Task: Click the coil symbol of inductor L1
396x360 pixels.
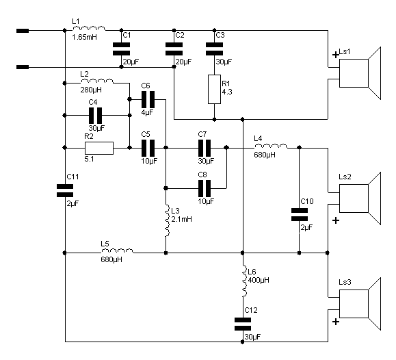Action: point(89,28)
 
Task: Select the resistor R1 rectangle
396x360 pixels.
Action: point(214,89)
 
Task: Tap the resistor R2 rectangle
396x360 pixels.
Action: point(99,148)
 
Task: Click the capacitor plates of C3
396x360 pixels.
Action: point(215,49)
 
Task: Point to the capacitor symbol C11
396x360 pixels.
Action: point(65,191)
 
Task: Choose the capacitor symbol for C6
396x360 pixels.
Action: point(148,100)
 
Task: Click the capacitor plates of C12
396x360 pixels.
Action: point(243,324)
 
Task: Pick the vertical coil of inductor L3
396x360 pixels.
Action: point(167,220)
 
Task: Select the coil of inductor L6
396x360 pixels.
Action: point(244,281)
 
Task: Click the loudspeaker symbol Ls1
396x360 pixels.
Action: point(360,73)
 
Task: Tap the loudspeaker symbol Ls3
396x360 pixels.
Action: point(360,304)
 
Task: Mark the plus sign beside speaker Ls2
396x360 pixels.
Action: point(336,220)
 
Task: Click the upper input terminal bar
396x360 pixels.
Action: point(23,31)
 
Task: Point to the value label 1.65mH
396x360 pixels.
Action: point(84,38)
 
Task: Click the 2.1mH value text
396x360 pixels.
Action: point(181,219)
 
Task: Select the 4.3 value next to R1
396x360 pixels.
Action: point(227,92)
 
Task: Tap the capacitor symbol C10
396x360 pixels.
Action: point(300,215)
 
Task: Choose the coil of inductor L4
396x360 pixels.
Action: point(271,146)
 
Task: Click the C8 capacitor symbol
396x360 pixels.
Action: point(204,188)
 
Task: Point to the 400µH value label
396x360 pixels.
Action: point(259,280)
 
